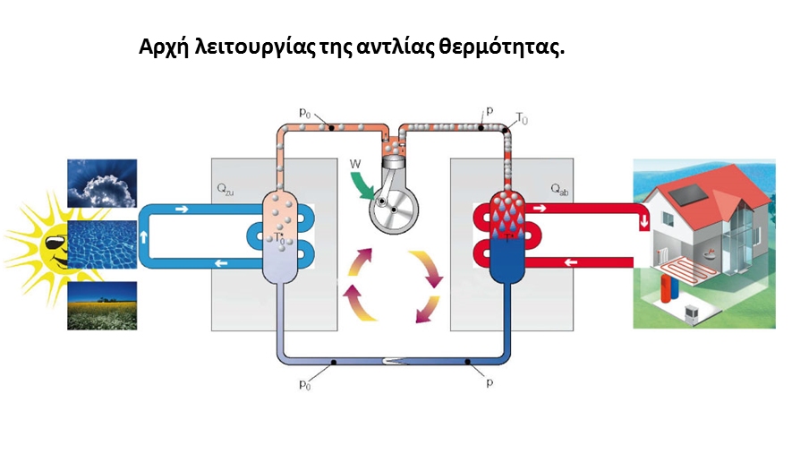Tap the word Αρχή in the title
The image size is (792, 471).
(x=164, y=47)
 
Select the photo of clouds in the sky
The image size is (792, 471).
(x=103, y=184)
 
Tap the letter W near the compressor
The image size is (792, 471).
(x=355, y=164)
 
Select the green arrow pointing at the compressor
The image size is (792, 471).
(x=363, y=184)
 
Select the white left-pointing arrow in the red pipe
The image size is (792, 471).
(x=571, y=263)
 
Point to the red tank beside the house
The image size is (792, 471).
(x=667, y=292)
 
